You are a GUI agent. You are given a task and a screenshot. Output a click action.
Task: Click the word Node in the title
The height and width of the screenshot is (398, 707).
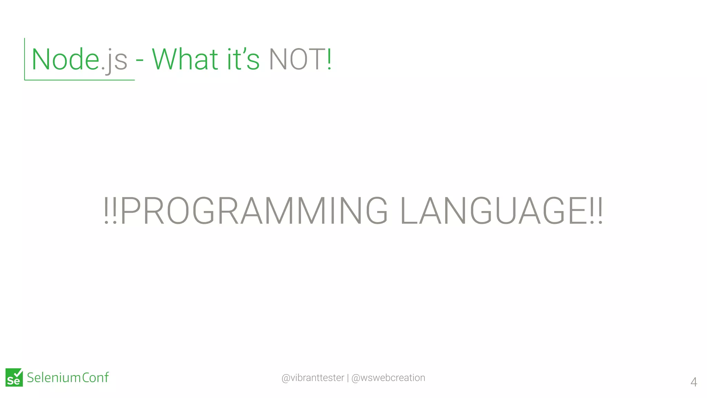[x=66, y=59]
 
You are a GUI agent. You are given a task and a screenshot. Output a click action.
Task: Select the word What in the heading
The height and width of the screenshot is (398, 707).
[x=185, y=59]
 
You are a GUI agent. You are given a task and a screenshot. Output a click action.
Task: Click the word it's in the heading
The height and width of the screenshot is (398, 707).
[x=243, y=59]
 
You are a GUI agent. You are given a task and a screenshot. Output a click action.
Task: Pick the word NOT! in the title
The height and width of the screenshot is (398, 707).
[x=300, y=59]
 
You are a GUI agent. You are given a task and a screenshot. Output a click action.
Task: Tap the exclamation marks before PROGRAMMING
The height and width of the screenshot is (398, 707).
[x=110, y=211]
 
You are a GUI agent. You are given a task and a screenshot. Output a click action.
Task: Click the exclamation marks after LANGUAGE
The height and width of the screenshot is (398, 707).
[x=596, y=211]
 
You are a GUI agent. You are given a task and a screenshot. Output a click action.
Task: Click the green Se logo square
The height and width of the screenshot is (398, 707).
[x=14, y=378]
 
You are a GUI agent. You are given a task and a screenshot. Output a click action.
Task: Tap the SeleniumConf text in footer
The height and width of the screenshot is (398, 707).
[x=68, y=378]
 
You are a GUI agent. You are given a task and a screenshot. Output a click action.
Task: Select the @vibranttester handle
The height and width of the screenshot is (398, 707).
[x=313, y=378]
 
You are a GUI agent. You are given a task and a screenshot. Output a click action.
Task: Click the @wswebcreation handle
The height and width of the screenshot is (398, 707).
[x=388, y=378]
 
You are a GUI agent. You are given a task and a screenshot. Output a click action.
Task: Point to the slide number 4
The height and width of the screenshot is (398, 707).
[x=694, y=382]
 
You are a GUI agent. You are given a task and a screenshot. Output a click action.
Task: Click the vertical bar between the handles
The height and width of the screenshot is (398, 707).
[x=348, y=378]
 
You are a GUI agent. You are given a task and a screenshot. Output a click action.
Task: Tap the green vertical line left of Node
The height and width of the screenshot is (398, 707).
[x=25, y=59]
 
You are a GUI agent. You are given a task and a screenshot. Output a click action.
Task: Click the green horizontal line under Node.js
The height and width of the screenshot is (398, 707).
[x=79, y=80]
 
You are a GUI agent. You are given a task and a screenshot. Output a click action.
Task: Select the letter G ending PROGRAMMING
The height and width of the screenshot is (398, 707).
[x=377, y=211]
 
